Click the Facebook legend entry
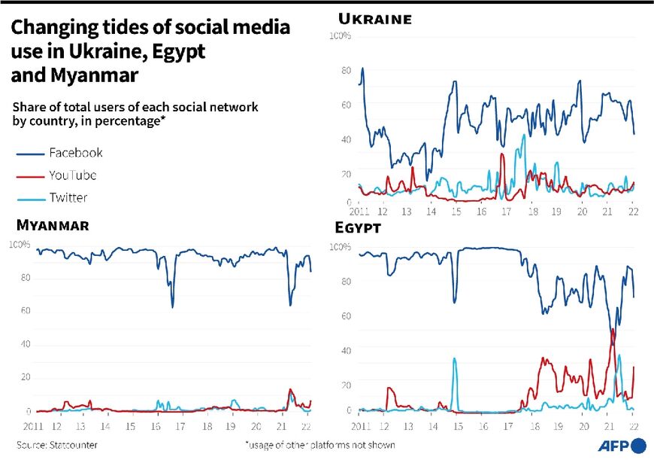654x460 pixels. click(x=75, y=153)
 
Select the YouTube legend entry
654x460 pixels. click(x=72, y=175)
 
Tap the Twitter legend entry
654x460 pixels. click(x=68, y=198)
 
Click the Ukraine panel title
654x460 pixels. click(x=375, y=19)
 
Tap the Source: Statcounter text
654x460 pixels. click(x=57, y=445)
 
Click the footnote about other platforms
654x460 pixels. click(x=319, y=445)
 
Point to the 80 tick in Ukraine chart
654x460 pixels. click(x=345, y=71)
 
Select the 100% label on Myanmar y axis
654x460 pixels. click(x=19, y=245)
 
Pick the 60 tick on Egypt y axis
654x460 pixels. click(x=345, y=317)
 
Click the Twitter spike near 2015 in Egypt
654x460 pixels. click(x=454, y=359)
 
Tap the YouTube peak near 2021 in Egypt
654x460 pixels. click(x=613, y=330)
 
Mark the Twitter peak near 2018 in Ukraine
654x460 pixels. click(x=523, y=136)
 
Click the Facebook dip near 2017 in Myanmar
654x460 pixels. click(x=172, y=306)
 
